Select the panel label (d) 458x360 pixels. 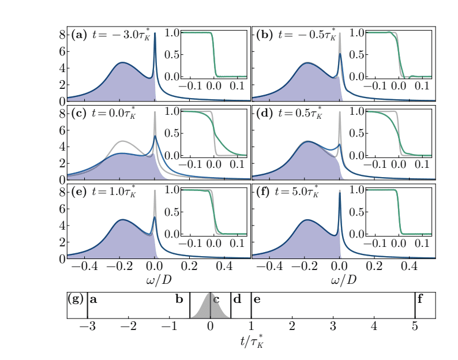(x=263, y=112)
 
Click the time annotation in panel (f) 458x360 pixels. (x=299, y=191)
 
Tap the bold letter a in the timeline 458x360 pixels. (x=93, y=299)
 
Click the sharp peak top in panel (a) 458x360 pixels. (x=155, y=49)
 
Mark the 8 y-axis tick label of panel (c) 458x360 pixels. (x=63, y=113)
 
